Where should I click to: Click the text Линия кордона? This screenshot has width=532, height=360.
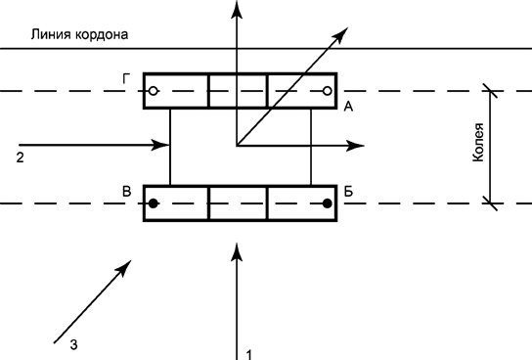(81, 34)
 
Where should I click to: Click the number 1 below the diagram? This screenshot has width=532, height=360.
(250, 352)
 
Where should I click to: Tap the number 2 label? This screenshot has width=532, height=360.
(22, 156)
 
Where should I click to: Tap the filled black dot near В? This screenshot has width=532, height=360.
(154, 203)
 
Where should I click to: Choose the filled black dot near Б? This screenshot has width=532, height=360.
(327, 203)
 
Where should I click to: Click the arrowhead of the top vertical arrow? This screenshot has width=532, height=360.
(236, 8)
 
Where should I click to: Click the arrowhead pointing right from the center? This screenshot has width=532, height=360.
(357, 147)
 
